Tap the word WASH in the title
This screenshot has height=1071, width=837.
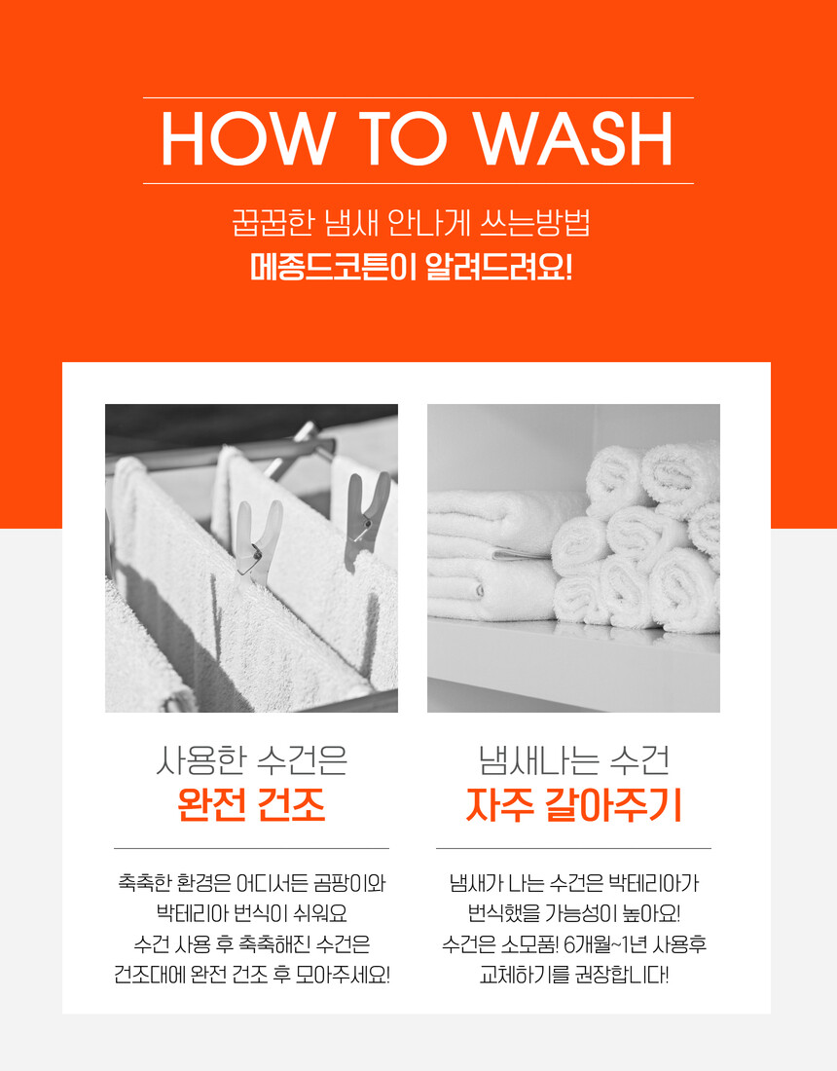pos(574,140)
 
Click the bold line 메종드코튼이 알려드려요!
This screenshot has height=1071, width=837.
pos(411,267)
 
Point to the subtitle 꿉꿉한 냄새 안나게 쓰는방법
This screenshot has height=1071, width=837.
pos(411,223)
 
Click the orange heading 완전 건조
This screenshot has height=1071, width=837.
pos(251,804)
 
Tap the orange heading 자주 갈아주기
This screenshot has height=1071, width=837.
pos(573,804)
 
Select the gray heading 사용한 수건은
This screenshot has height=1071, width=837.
pos(251,760)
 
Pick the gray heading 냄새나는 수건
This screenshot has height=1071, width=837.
pos(573,760)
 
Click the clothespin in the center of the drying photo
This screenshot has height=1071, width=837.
pos(258,543)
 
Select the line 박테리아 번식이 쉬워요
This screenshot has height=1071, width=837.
pos(251,914)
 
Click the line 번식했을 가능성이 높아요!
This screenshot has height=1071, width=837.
pos(573,914)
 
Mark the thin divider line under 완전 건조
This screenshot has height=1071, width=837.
pos(251,848)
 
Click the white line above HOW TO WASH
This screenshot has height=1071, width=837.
pos(418,97)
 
